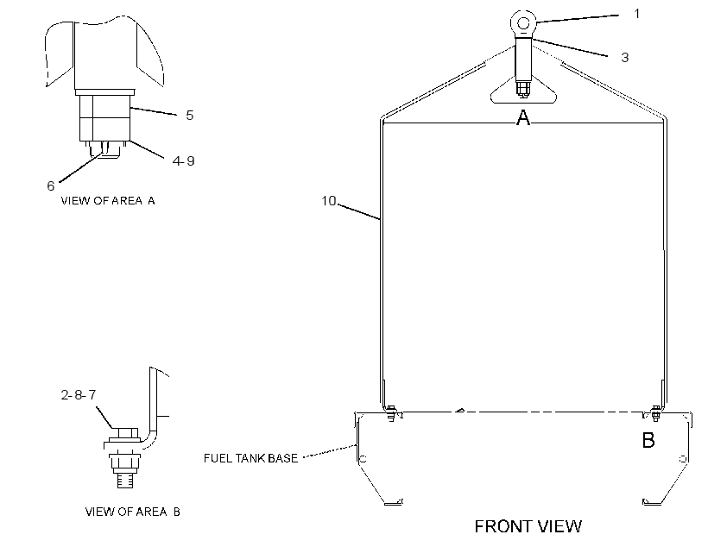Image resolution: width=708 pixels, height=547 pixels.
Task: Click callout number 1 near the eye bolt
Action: coord(636,14)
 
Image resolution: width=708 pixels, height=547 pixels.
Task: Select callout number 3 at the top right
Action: coord(625,57)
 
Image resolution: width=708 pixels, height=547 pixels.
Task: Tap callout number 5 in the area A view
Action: coord(190,116)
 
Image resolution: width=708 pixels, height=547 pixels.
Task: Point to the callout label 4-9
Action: coord(183,160)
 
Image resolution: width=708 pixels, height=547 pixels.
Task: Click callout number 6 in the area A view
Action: coord(51,186)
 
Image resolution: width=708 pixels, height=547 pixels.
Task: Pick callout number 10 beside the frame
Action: coord(329,201)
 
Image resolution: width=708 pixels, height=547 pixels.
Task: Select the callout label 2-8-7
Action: coord(79,395)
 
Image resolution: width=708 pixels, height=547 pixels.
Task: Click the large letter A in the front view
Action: coord(523,118)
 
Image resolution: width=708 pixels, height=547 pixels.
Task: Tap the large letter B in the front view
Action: coord(648,440)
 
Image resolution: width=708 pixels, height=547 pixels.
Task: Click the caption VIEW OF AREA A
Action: coord(108,201)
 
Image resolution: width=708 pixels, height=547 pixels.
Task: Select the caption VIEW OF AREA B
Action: coord(133,512)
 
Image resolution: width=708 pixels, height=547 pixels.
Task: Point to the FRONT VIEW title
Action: coord(528,526)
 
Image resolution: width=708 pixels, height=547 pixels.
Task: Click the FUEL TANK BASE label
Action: coord(250,458)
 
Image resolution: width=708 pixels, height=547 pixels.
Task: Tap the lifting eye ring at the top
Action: coord(523,22)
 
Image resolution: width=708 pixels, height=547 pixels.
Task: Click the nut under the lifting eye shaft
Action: coord(523,89)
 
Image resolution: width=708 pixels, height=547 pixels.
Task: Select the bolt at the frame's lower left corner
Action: coord(391,413)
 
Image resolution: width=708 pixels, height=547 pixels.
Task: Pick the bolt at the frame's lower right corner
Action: coord(655,413)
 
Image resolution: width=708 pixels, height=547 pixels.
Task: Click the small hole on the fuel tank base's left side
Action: coord(363,459)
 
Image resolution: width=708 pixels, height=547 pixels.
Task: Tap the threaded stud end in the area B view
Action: coord(125,479)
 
